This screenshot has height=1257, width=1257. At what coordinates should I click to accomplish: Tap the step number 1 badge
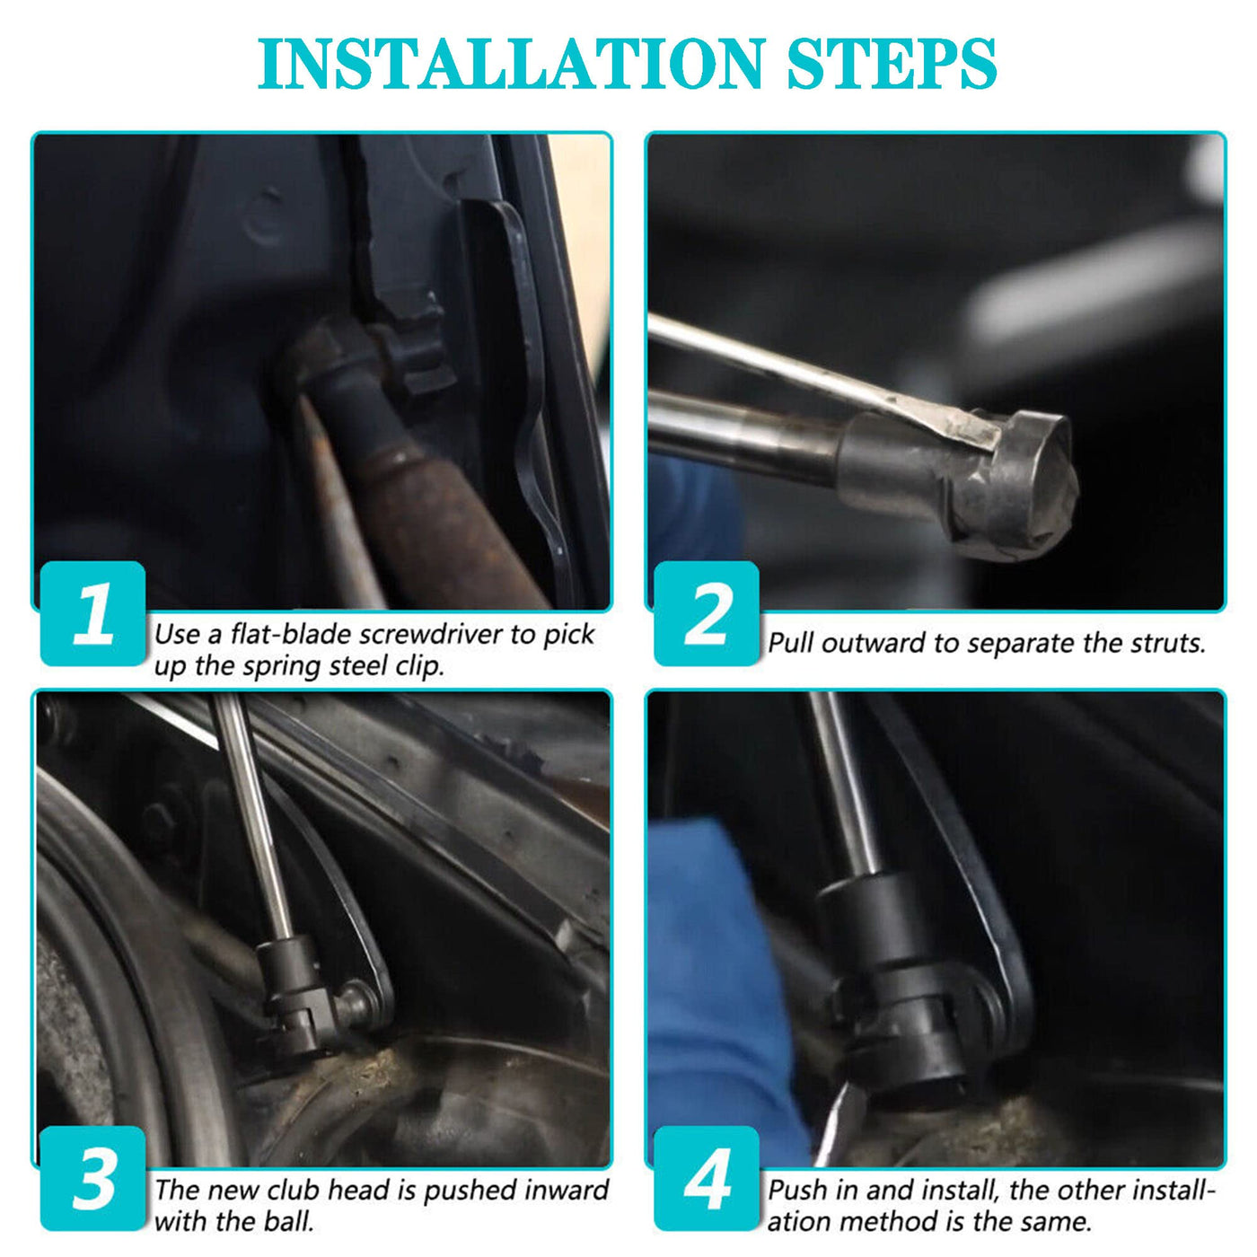92,613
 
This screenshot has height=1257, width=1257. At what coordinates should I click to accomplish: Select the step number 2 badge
707,613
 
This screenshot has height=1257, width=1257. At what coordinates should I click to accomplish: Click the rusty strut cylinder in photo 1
444,515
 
